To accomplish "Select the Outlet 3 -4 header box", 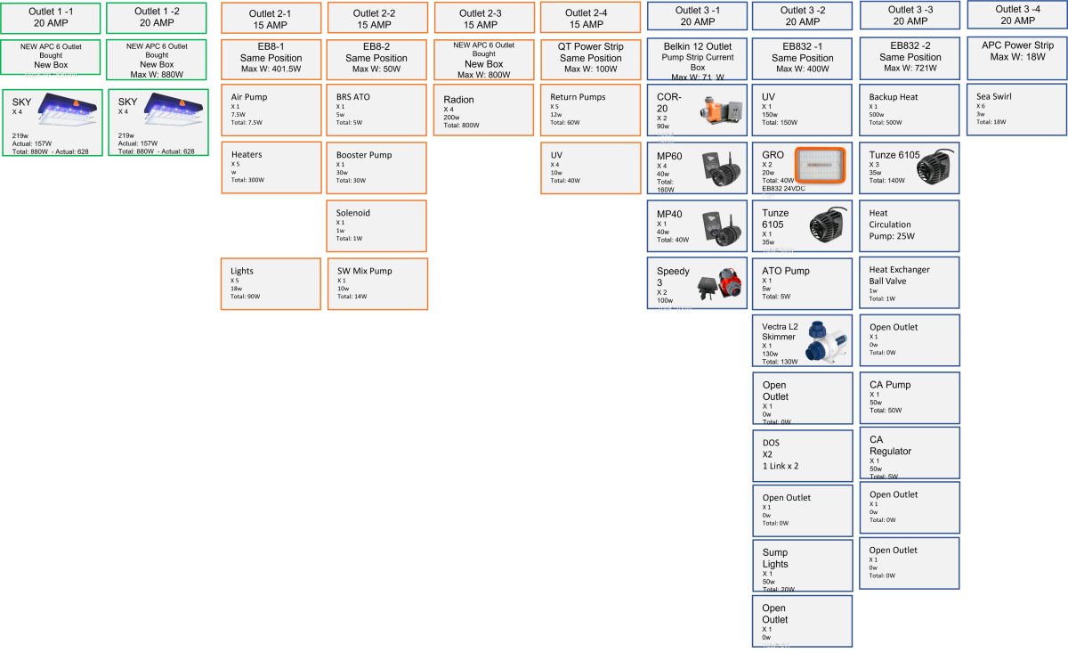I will pos(1017,15).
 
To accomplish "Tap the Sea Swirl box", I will pos(1016,110).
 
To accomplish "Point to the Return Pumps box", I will pos(589,110).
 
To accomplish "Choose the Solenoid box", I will pos(376,225).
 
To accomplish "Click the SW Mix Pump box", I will pos(376,283).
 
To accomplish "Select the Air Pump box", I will pos(271,110).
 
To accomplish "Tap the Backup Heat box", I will pos(910,110).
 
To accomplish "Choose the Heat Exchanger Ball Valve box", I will pos(910,282).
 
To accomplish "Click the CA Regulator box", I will pos(910,452).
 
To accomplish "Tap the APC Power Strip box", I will pos(1017,51).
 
